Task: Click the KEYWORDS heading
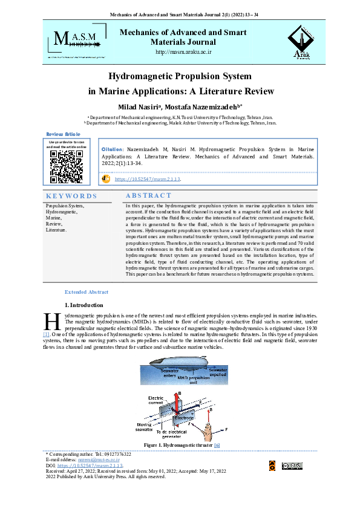tap(71, 196)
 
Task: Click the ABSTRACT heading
tap(148, 195)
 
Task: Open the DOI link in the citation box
tap(148, 179)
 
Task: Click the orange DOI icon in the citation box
tap(106, 178)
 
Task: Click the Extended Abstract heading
tap(87, 291)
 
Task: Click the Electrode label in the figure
tap(184, 418)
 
